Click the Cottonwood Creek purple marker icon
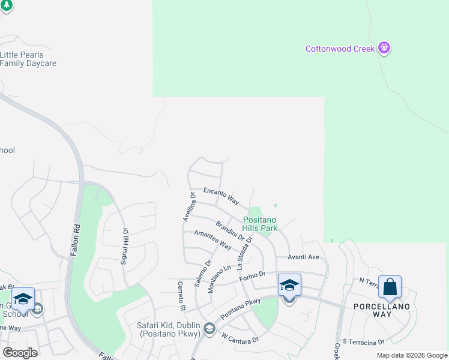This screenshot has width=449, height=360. (385, 49)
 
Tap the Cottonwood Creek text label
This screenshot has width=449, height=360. (340, 49)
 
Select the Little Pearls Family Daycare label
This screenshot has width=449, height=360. (28, 59)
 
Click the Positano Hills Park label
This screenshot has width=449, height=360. (260, 224)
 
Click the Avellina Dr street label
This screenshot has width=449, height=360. (187, 207)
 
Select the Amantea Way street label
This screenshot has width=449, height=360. (212, 240)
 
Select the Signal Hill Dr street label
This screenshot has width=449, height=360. (124, 247)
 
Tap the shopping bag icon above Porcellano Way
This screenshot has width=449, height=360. (390, 287)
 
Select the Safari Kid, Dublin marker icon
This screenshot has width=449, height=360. (209, 328)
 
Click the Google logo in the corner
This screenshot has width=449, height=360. (20, 353)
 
